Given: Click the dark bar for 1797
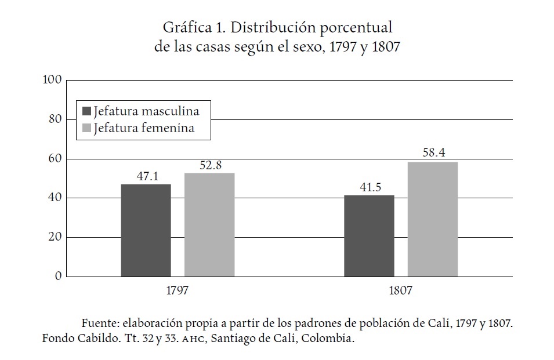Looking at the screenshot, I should click(x=146, y=230).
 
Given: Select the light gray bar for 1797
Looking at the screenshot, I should click(x=209, y=224).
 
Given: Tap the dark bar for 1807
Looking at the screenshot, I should click(x=369, y=235).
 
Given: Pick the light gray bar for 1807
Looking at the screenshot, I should click(x=432, y=219).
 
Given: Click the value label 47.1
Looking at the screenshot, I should click(x=146, y=176).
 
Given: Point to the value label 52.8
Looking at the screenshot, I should click(x=209, y=165).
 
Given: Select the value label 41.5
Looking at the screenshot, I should click(x=369, y=187).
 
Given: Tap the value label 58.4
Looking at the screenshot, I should click(x=432, y=154).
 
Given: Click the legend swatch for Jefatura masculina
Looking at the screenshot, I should click(x=87, y=111).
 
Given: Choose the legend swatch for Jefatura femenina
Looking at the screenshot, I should click(x=87, y=128).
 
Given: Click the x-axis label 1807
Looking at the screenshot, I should click(x=400, y=290).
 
